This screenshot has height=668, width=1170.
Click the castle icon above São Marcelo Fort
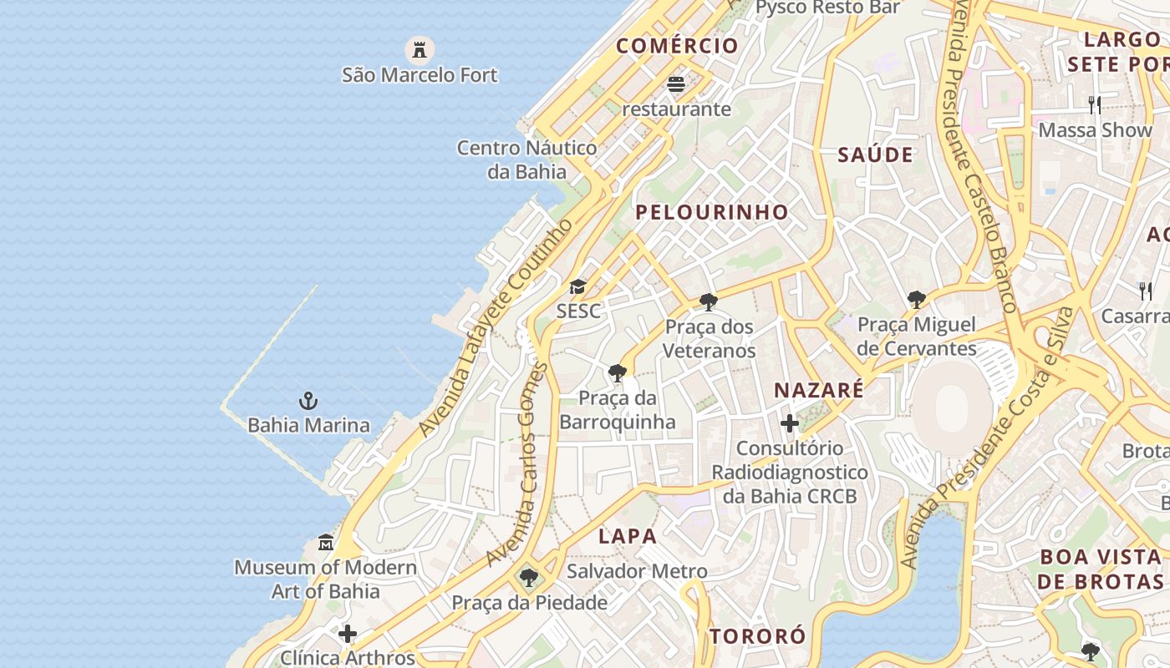pos(420,49)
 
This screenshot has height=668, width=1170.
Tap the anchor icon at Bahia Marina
pos(308,401)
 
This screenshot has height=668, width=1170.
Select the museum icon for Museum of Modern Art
pos(326,544)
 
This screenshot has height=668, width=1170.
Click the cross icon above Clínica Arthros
pos(348,634)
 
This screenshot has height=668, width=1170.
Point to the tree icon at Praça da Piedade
pos(528,577)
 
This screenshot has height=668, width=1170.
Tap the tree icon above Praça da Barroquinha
pos(618,372)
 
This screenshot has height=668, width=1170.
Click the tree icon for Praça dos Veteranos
pos(709,301)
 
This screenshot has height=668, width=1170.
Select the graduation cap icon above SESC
pos(577,287)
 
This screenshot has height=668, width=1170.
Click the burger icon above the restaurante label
pos(676,84)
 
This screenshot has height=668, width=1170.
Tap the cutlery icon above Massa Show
pos(1095,105)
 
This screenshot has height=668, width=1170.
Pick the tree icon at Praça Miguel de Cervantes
pos(917,299)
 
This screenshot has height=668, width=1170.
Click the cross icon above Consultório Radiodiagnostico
pos(790,424)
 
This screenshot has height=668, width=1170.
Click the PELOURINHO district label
pos(712,212)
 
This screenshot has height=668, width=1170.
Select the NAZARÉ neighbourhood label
pos(818,390)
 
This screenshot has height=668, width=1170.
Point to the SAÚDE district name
pos(875,154)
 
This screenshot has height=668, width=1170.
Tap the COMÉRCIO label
pos(678,46)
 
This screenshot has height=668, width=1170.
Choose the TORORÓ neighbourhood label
pos(758,636)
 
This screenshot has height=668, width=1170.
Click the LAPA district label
pos(628,536)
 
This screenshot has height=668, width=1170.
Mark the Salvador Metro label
pos(637,572)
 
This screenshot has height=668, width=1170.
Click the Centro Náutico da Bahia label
pos(526,159)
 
